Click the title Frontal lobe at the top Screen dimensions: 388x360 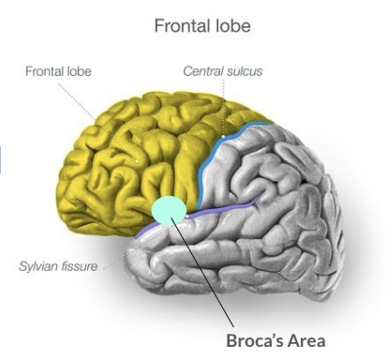202,25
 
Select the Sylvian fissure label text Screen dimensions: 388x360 59,266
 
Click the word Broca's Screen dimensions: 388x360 252,340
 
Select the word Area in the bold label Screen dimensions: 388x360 305,340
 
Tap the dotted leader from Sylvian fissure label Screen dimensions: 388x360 117,258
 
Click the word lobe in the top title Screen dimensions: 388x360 230,25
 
